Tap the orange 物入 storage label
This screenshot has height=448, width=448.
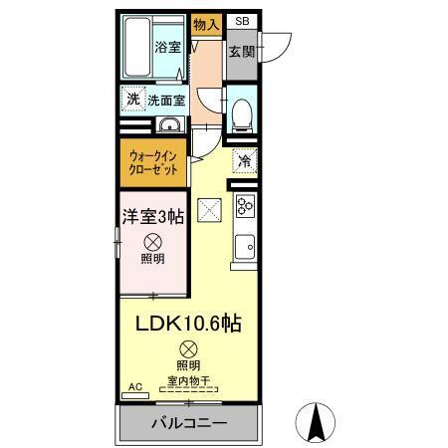tap(206, 25)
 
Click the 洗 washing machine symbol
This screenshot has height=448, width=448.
tap(132, 99)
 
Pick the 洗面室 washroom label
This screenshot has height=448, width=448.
tap(167, 100)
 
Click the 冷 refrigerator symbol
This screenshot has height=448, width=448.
tap(242, 159)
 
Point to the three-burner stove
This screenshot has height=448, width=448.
tap(245, 206)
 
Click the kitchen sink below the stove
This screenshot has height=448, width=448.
tap(245, 245)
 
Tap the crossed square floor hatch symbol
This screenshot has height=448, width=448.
tap(209, 209)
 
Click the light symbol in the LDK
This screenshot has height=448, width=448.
tap(188, 349)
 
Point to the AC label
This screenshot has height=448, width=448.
tap(134, 387)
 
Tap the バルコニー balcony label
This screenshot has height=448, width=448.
tap(189, 423)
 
